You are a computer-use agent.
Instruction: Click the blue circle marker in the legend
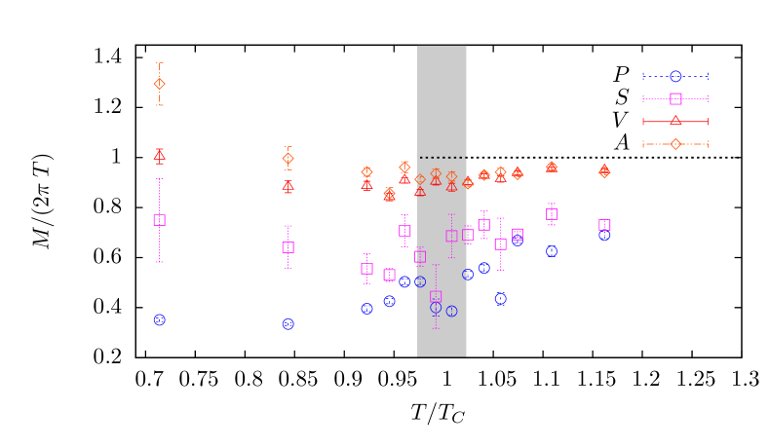click(x=675, y=76)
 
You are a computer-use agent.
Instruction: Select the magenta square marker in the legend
click(x=675, y=98)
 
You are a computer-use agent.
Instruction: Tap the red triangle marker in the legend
click(x=675, y=121)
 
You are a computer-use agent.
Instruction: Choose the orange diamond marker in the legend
click(x=675, y=144)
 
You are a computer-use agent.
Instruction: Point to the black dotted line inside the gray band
click(x=442, y=157)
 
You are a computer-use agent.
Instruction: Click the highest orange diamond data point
click(x=159, y=84)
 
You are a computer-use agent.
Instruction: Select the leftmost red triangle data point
click(x=159, y=154)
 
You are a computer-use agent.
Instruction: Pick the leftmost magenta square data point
click(x=159, y=220)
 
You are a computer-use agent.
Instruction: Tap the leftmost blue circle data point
click(x=159, y=319)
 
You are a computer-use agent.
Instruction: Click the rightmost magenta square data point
click(x=604, y=225)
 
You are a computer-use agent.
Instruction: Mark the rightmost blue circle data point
click(x=604, y=235)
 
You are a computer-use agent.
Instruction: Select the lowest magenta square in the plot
click(x=436, y=296)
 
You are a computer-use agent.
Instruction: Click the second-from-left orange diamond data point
click(x=288, y=159)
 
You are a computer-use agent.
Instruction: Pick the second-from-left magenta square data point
click(x=288, y=247)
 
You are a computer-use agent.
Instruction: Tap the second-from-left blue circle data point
click(x=288, y=323)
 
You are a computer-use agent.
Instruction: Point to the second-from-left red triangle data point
click(x=288, y=185)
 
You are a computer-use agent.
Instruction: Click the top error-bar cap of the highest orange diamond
click(x=159, y=62)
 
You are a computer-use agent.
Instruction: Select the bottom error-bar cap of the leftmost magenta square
click(x=159, y=262)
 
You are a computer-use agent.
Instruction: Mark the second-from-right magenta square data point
click(x=552, y=214)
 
